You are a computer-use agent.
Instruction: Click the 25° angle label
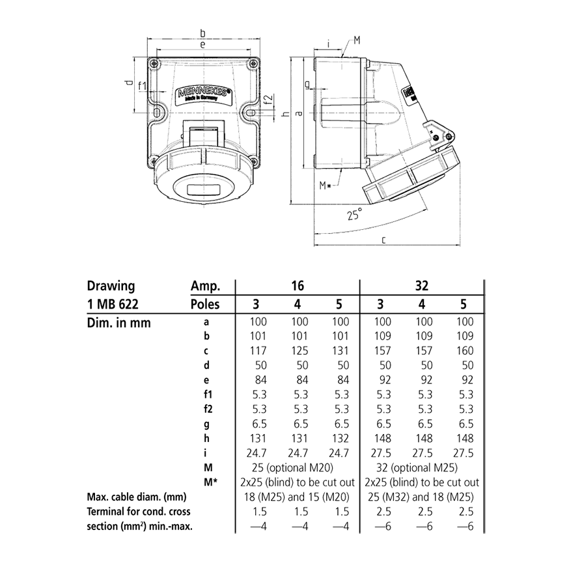click(354, 214)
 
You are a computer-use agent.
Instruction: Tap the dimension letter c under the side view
click(384, 240)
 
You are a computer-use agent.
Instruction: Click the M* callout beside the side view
click(326, 185)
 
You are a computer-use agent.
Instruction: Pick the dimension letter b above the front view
click(202, 33)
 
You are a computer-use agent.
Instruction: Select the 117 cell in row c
click(258, 350)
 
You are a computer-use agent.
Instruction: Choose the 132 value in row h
click(340, 438)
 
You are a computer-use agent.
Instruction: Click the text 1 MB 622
click(113, 304)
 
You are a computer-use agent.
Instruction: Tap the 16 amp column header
click(298, 286)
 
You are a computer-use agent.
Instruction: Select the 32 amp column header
click(422, 286)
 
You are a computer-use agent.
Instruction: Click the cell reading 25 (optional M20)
click(298, 467)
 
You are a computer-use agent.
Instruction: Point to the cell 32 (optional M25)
click(421, 467)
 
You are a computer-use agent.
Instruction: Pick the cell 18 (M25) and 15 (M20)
click(298, 497)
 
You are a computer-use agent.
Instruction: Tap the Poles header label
click(205, 304)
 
